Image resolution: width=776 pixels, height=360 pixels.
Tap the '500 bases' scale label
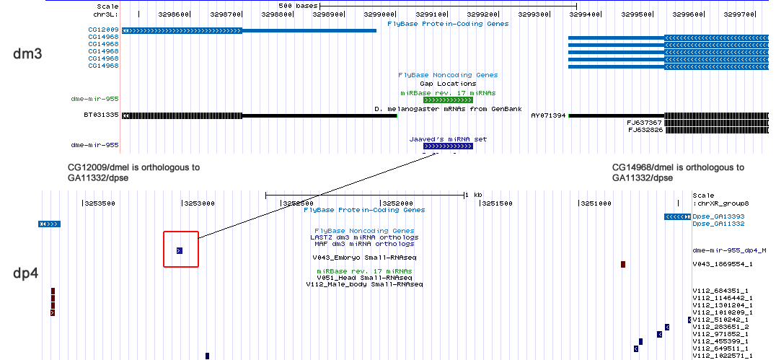(x=298, y=6)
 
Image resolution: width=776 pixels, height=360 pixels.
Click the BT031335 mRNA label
(x=101, y=115)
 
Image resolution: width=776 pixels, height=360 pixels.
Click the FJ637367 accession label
(x=644, y=123)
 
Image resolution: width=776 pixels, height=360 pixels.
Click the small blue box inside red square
(x=180, y=250)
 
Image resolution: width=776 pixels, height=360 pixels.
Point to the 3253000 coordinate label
(x=199, y=203)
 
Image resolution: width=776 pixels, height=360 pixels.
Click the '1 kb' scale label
(x=472, y=196)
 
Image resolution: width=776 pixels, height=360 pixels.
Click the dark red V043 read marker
(x=622, y=264)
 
